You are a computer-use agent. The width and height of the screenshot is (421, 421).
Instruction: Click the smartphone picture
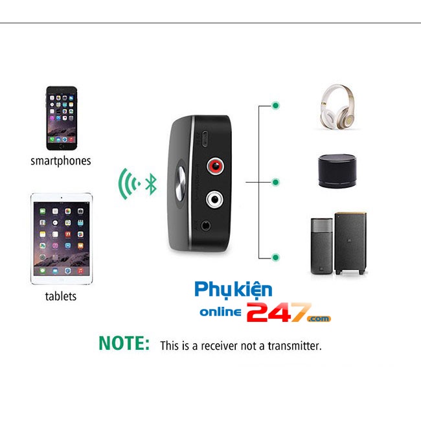point(62,118)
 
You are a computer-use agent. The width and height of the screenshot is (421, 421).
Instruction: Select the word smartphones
point(61,161)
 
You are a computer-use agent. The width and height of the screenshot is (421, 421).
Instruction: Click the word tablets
point(61,296)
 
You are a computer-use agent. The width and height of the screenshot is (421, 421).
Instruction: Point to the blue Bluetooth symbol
point(151,183)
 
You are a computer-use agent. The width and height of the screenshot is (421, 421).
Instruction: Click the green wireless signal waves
point(128,183)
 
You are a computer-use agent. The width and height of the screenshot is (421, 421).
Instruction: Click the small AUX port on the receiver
point(205,226)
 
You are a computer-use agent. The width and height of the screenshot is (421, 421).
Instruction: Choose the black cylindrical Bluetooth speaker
point(338,171)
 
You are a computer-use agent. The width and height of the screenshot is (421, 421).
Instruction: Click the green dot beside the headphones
point(276,105)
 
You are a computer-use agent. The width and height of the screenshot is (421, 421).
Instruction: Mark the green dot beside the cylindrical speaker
point(276,182)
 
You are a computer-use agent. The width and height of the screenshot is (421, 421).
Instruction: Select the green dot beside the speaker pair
point(276,258)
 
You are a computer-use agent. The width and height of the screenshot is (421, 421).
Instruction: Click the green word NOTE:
point(124,344)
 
